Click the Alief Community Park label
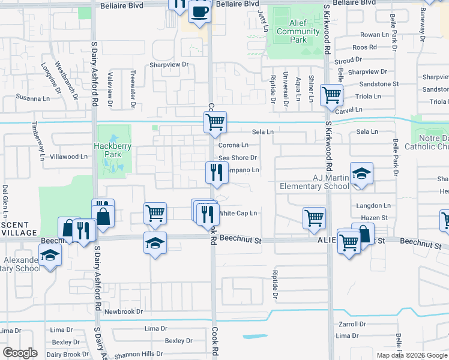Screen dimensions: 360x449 point(298,32)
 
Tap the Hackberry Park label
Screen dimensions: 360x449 point(107,150)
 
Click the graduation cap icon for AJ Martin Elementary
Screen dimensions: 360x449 point(361,174)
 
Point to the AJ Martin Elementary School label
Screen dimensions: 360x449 point(314,182)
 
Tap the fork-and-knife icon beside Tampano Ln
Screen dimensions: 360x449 point(217,172)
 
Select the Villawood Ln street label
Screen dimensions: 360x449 point(68,157)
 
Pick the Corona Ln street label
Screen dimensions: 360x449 point(233,145)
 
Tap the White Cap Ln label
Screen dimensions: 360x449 point(238,213)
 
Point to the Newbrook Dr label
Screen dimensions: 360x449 point(124,311)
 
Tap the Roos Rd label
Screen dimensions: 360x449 point(364,47)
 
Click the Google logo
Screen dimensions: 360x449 point(20,353)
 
